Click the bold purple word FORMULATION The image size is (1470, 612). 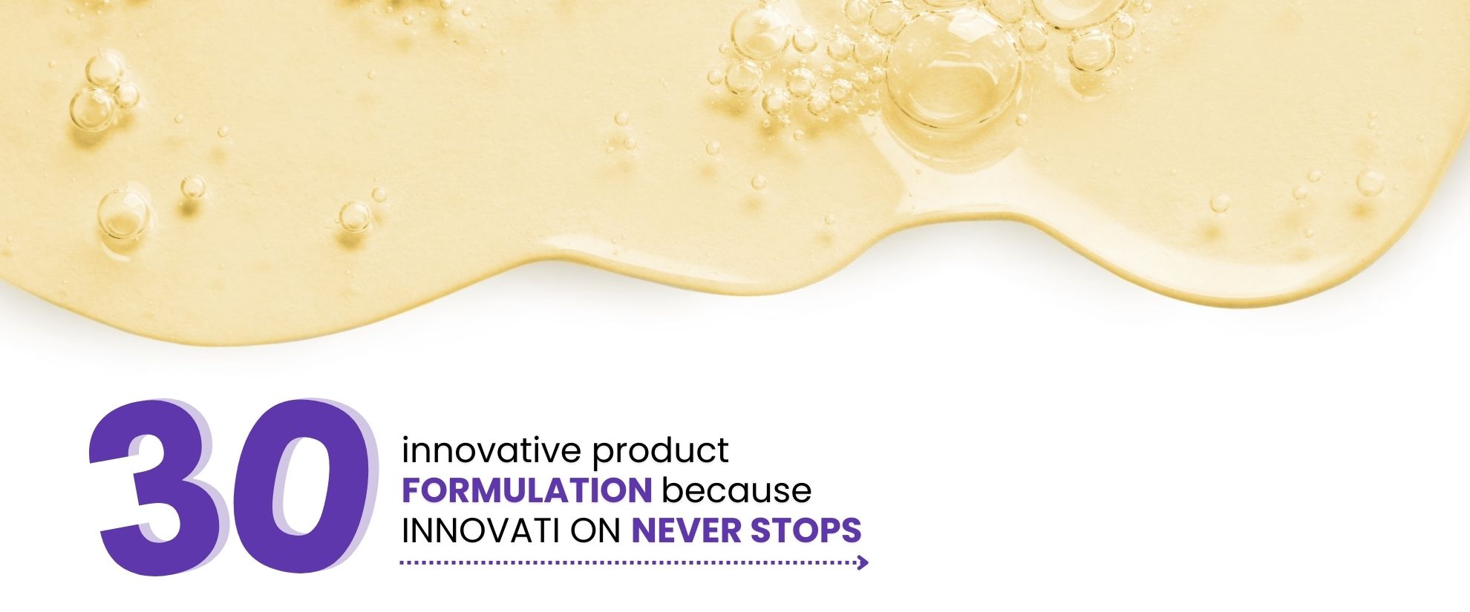pos(526,490)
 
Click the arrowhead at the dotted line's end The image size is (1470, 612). pos(863,563)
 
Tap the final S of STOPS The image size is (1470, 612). pos(851,530)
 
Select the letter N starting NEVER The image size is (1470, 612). pos(643,530)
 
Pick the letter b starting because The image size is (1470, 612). pos(670,490)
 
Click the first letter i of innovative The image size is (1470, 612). pos(405,450)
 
